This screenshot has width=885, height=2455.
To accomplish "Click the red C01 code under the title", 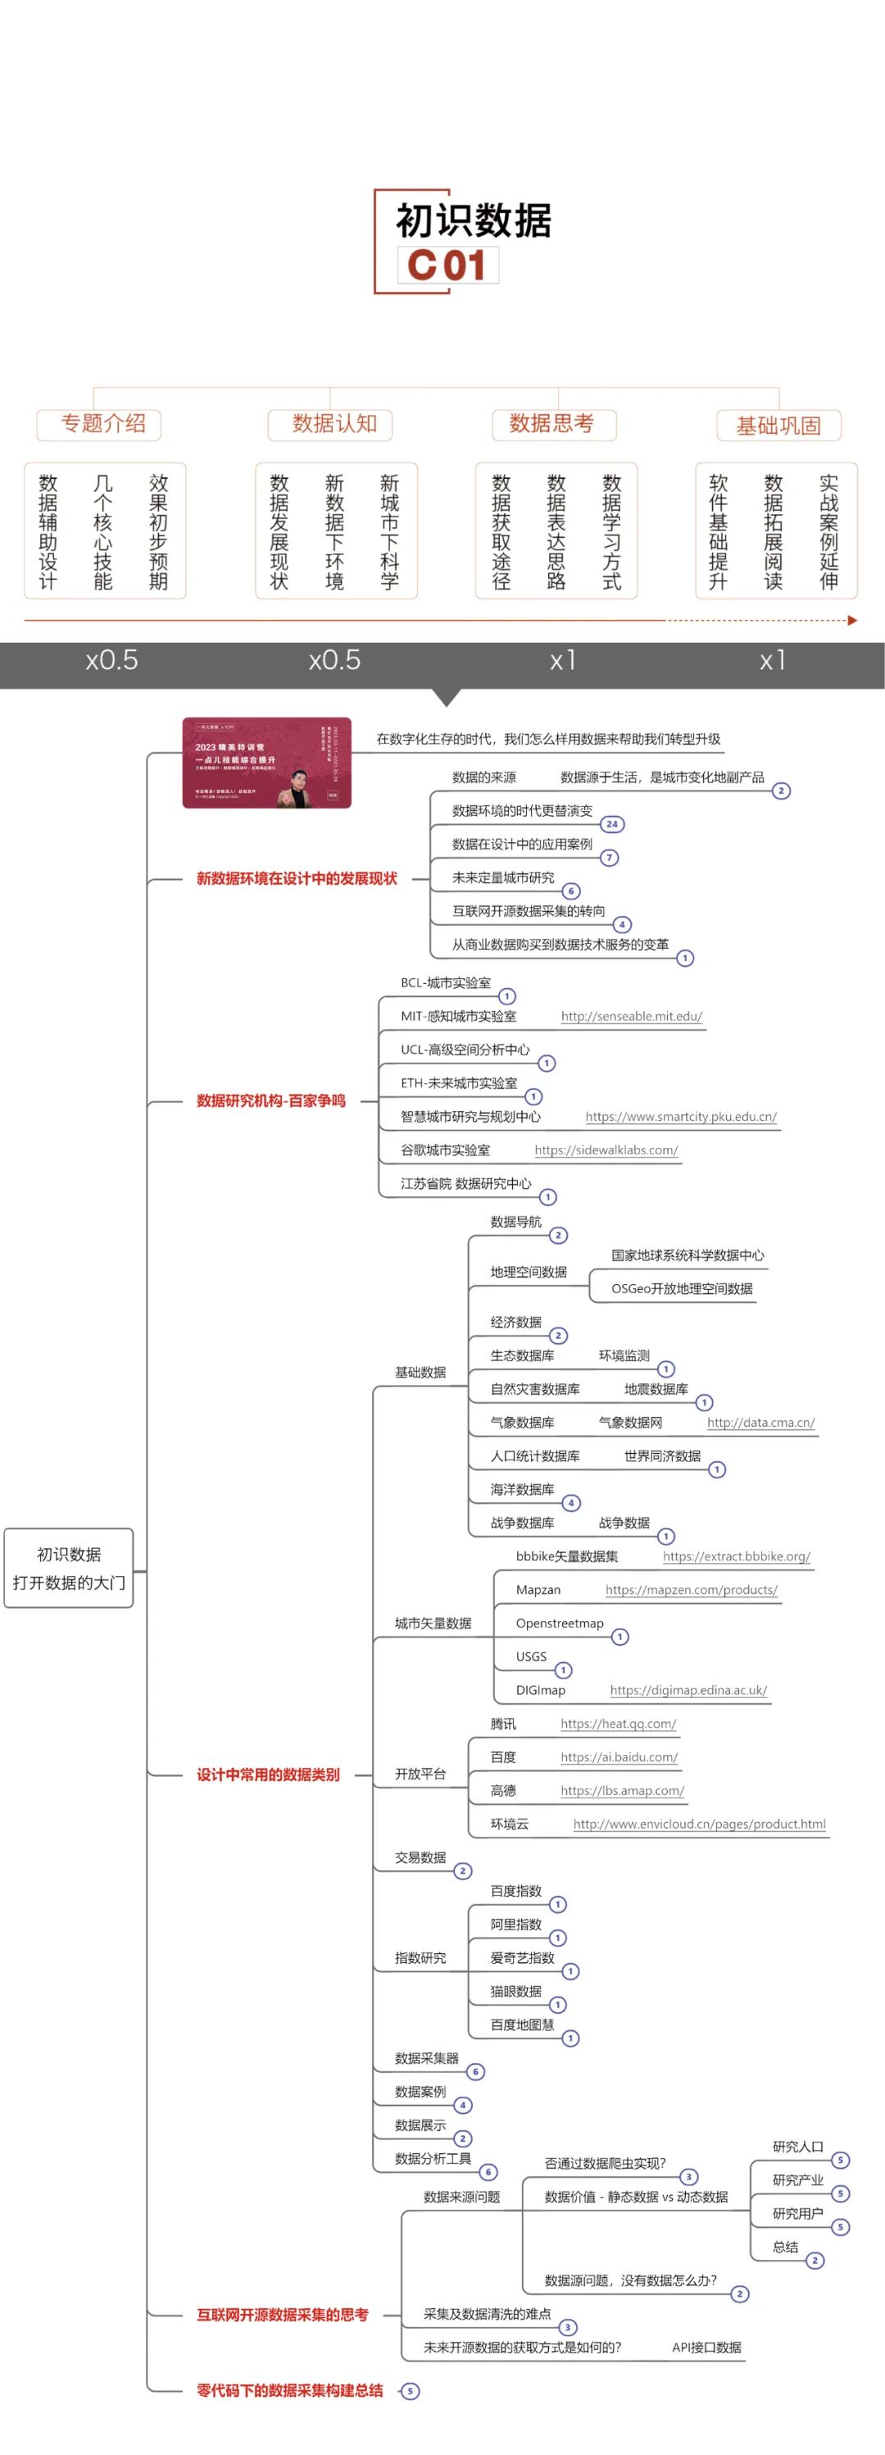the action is click(446, 265).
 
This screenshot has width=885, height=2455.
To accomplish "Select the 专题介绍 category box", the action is click(99, 424).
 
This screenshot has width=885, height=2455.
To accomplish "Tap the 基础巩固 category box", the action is click(778, 425).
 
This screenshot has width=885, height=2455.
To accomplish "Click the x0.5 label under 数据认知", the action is click(334, 659).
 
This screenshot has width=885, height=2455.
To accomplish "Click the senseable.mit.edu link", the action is click(631, 1016).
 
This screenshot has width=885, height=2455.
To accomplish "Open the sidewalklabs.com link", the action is click(606, 1150).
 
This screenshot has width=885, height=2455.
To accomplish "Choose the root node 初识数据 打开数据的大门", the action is click(69, 1568).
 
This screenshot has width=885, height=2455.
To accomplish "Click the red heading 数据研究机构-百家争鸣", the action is click(270, 1100).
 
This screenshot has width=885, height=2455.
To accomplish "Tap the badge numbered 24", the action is click(611, 823).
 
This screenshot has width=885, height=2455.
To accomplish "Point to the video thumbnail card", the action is click(267, 763).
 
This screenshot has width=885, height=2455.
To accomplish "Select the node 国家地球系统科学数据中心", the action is click(687, 1255).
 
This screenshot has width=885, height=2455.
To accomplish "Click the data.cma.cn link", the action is click(760, 1422).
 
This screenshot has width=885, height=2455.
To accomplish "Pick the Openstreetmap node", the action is click(559, 1623).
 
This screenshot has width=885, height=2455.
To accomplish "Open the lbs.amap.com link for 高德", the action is click(622, 1790).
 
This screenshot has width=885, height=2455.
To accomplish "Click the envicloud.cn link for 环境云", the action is click(699, 1823).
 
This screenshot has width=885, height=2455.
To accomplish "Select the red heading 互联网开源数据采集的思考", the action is click(282, 2314).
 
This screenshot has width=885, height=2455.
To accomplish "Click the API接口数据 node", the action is click(706, 2347).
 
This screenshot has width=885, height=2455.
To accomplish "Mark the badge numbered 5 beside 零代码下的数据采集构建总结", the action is click(411, 2390).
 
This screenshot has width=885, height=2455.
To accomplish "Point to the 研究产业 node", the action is click(797, 2179).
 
